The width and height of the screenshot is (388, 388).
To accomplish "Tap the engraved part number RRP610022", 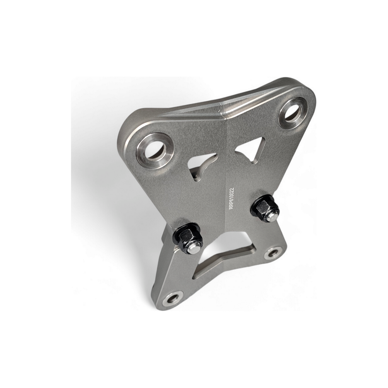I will click(x=232, y=198).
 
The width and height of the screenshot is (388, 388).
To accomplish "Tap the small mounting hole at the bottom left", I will click(x=172, y=299).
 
